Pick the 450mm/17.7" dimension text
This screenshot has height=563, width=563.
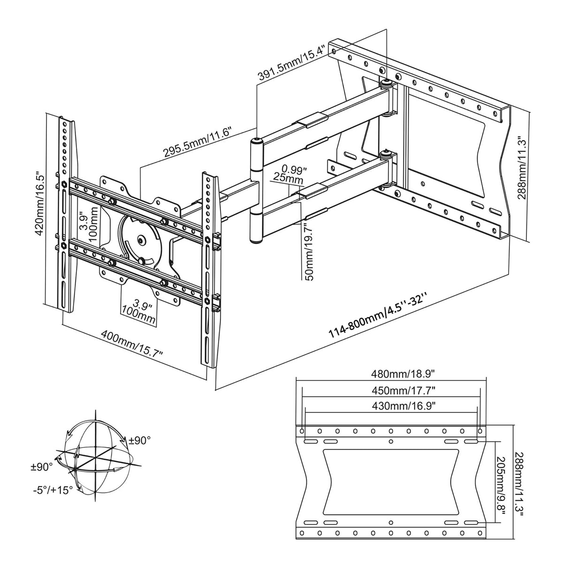pos(391,390)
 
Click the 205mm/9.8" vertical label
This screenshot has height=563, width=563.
pos(501,483)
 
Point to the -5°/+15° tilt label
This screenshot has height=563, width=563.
pos(53,490)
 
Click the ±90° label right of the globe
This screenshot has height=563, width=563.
pos(139,441)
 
